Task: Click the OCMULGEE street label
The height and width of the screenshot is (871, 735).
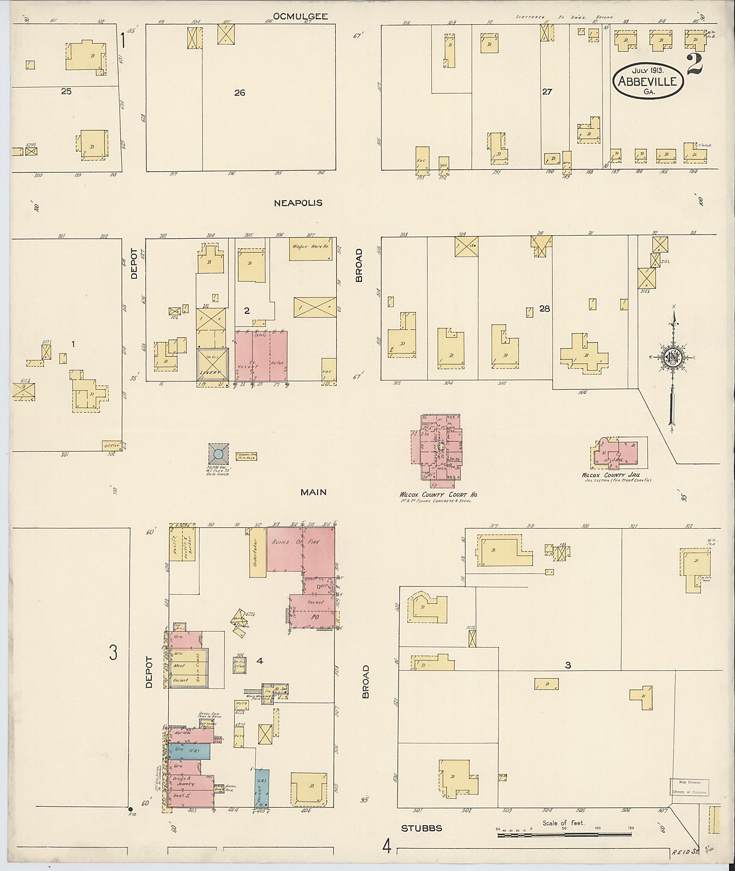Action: tap(300, 16)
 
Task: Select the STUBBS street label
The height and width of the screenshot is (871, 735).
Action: tap(421, 828)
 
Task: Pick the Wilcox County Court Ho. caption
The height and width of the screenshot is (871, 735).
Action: tap(438, 494)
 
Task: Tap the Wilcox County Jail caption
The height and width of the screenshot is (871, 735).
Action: tap(611, 475)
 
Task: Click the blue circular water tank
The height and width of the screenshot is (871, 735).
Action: tap(218, 454)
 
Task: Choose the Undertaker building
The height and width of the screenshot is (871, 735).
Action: tap(257, 553)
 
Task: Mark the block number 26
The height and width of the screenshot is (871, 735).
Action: tap(240, 93)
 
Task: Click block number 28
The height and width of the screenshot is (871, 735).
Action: tap(544, 308)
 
